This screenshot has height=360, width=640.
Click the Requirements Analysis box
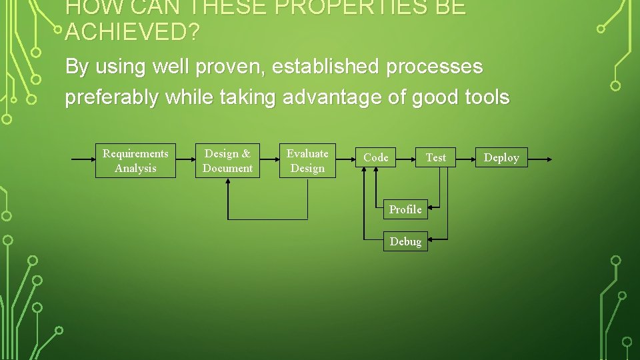point(135,161)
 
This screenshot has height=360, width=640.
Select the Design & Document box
point(227,161)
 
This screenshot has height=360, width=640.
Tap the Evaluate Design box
point(307,161)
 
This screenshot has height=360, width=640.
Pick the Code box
point(376,157)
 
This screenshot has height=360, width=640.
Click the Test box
point(436,157)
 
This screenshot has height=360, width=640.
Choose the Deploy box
point(501,157)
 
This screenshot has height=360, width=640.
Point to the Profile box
point(405,209)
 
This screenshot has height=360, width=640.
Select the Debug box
point(405,241)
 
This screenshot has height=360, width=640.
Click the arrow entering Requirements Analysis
point(83,160)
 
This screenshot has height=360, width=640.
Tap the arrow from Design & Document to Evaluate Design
point(269,160)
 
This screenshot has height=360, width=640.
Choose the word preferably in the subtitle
point(112,97)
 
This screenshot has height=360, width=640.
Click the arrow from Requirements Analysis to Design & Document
point(185,160)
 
